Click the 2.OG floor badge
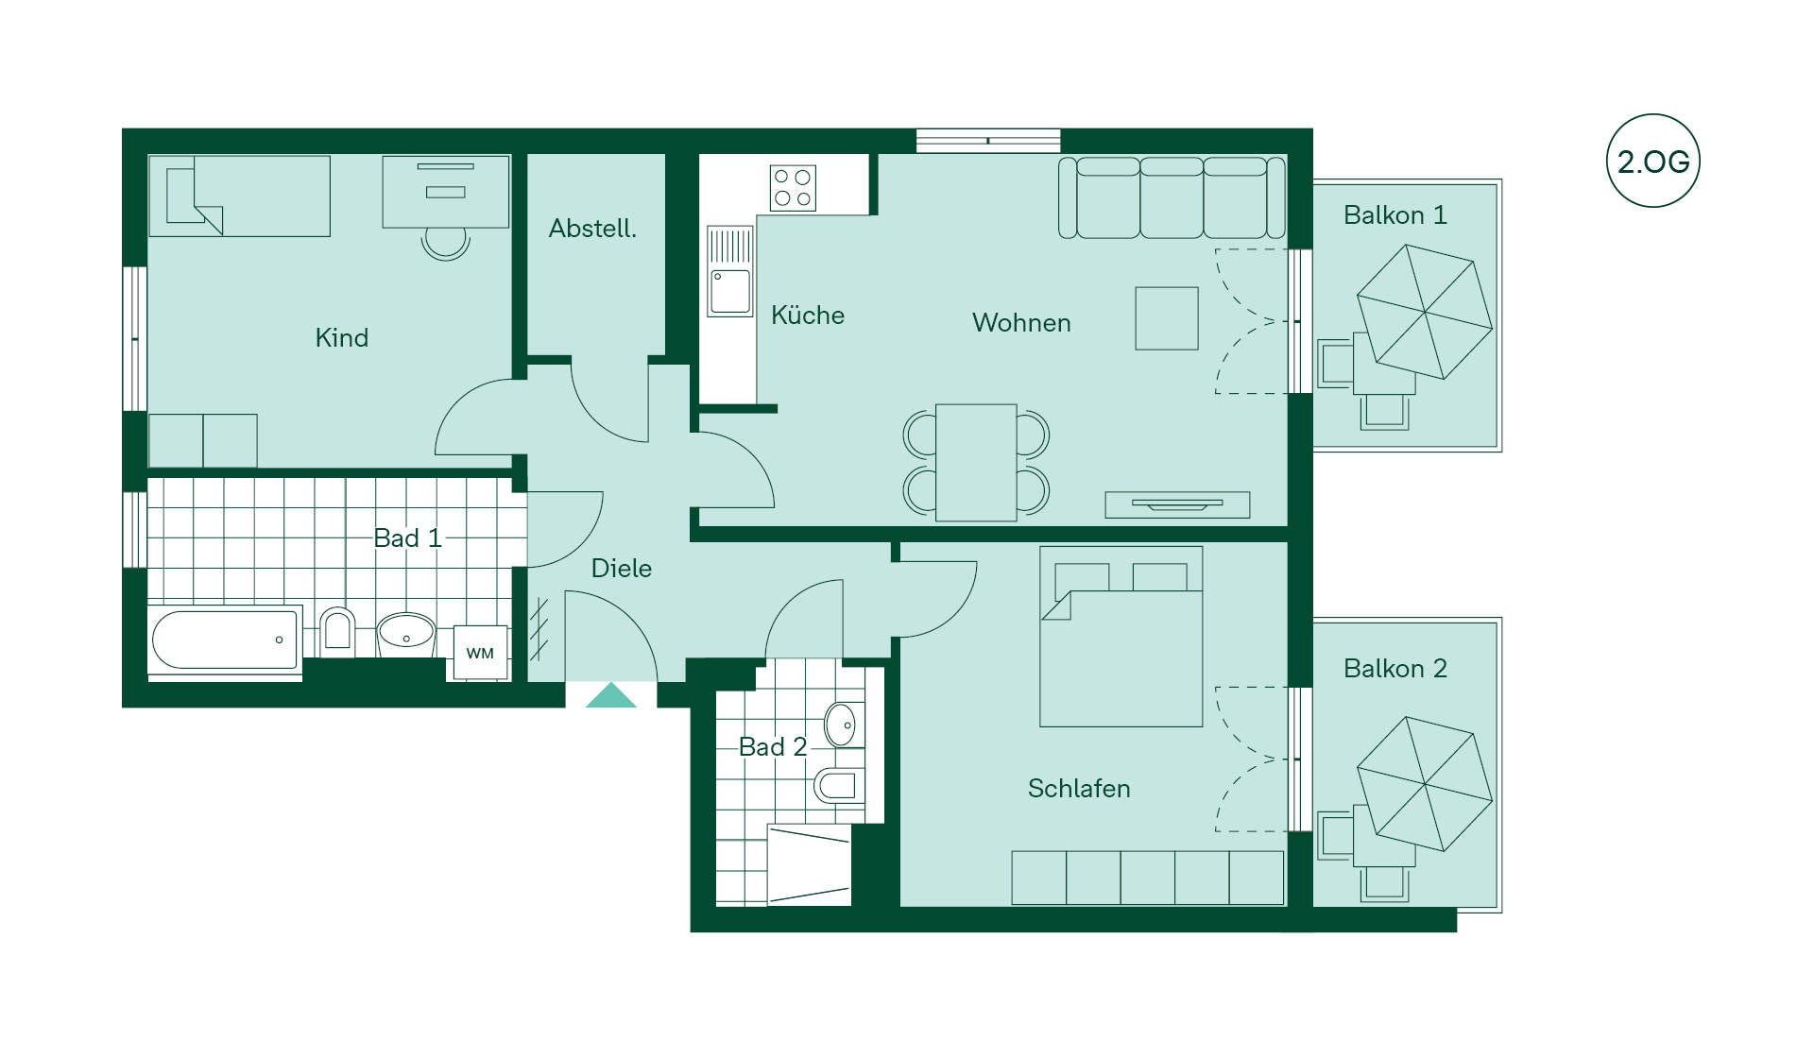coord(1652,161)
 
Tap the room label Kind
coord(341,337)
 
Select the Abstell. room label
coord(592,229)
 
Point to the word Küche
coord(807,315)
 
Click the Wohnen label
coord(1021,323)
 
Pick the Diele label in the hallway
coord(621,568)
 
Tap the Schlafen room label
coord(1079,788)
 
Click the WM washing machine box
coord(480,653)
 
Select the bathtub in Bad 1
coord(225,640)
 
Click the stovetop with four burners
coord(793,187)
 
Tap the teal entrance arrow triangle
coord(611,695)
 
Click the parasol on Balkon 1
coord(1425,312)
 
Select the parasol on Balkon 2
coord(1425,784)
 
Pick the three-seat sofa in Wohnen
coord(1172,197)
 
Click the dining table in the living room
coord(976,462)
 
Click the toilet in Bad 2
coord(838,785)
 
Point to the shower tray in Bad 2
coord(809,865)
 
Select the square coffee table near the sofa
coord(1167,318)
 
